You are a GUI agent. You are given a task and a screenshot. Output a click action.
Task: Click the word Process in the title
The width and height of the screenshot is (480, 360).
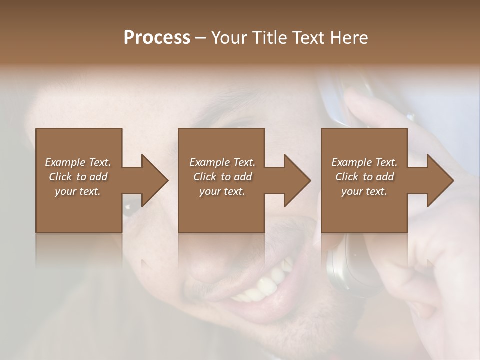[157, 38]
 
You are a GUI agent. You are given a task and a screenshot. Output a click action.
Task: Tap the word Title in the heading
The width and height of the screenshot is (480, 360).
[270, 38]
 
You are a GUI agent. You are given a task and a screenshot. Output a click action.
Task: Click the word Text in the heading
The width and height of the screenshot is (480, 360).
[309, 38]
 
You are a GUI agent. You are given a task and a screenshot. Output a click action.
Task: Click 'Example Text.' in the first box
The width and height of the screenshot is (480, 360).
[78, 162]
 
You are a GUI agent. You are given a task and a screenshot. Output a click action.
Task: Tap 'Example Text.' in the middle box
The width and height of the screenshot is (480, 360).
[222, 162]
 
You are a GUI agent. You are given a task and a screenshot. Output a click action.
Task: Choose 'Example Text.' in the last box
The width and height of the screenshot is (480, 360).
[364, 162]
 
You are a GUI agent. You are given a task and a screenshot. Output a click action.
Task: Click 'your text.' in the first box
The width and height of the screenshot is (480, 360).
[78, 191]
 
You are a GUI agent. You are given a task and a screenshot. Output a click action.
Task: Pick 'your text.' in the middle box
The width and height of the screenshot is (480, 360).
[222, 191]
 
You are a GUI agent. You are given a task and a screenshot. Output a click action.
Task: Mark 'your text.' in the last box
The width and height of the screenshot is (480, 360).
[364, 191]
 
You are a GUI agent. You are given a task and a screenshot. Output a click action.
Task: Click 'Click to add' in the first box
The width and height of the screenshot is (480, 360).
[78, 177]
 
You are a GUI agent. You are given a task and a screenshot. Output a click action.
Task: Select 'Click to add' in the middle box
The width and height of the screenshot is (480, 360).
[222, 177]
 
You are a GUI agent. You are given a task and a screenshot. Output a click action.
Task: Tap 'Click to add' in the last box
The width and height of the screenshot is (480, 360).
[364, 177]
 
